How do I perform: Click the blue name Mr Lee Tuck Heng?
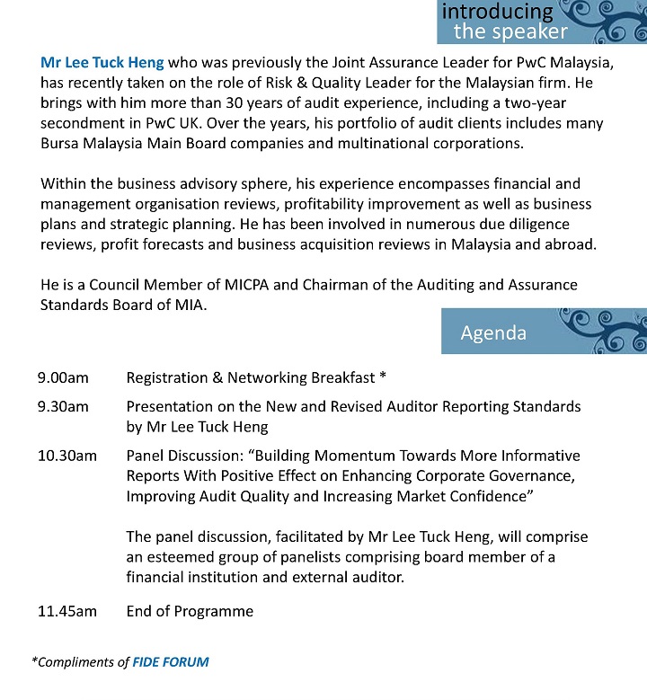click(102, 63)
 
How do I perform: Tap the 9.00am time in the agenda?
click(62, 377)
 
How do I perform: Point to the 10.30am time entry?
click(67, 456)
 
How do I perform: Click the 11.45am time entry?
click(67, 611)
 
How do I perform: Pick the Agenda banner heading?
click(493, 332)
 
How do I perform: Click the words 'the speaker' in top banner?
click(510, 32)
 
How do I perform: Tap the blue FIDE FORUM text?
click(170, 662)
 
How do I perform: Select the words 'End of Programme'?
click(190, 611)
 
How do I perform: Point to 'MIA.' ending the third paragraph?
click(190, 305)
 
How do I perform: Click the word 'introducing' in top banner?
click(497, 12)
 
